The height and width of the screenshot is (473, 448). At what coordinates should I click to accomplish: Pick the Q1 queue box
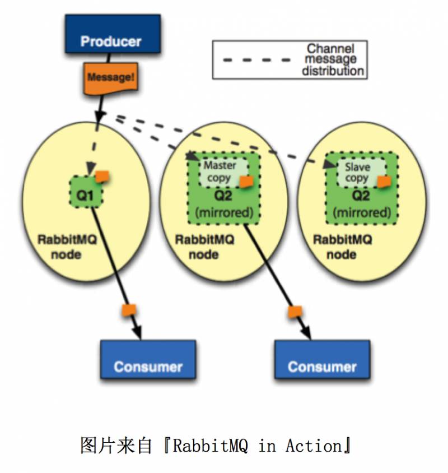(86, 192)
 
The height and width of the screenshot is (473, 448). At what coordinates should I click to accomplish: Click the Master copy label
(220, 171)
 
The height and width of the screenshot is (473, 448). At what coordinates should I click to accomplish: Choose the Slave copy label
(357, 173)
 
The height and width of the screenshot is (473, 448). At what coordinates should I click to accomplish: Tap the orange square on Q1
(102, 176)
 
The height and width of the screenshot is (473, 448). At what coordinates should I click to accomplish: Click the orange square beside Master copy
(245, 182)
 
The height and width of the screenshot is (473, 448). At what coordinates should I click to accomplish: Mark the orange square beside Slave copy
(384, 182)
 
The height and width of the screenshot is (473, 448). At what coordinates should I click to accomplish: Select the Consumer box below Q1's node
(148, 367)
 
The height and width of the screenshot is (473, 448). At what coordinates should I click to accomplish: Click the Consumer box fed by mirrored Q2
(322, 367)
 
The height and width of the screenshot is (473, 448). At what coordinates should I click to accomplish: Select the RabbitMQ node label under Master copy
(204, 247)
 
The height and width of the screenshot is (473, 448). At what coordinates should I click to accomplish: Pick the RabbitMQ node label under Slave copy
(342, 247)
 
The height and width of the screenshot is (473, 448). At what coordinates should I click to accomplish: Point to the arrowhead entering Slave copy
(328, 164)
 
